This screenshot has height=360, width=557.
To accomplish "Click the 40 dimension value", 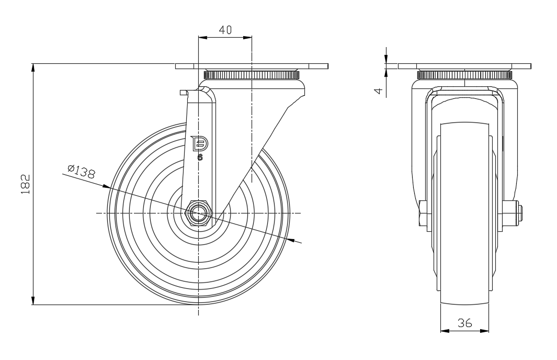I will (225, 30).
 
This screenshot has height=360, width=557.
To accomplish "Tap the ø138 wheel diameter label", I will (81, 171).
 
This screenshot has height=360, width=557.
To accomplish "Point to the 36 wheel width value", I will (464, 323).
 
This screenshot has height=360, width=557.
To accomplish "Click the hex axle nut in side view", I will (199, 212).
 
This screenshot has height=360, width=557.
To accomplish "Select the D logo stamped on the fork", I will (200, 143).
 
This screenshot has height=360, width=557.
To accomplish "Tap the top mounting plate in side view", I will (252, 66).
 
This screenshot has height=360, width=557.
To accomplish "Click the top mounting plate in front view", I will (464, 66).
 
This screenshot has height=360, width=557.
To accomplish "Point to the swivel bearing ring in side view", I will (252, 75).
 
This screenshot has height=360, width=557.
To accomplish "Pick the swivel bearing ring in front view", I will (464, 75).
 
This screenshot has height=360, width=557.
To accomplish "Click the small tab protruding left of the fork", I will (183, 93).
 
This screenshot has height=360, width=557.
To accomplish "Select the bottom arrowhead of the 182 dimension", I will (33, 300).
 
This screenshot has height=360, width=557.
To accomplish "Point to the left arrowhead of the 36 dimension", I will (444, 331).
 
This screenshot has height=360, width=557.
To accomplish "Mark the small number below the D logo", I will (200, 156).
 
